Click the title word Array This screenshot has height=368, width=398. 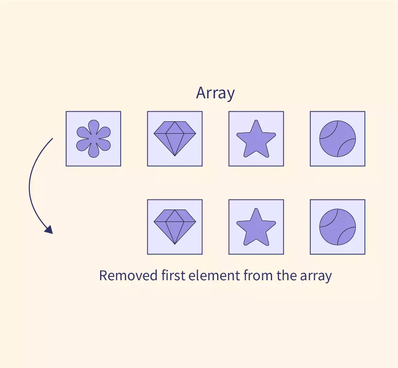click(215, 93)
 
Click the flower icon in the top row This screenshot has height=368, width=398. click(94, 139)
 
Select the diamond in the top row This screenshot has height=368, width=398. click(175, 138)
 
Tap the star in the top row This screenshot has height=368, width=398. click(256, 139)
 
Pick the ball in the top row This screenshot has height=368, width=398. click(337, 138)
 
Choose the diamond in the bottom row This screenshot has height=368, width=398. click(175, 226)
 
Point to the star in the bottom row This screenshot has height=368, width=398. click(256, 227)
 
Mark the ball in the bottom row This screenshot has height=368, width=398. click(337, 226)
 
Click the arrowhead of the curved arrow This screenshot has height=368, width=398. click(49, 229)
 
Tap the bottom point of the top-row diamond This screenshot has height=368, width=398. click(175, 155)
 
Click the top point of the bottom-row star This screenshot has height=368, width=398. click(256, 209)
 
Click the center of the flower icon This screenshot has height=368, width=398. click(94, 139)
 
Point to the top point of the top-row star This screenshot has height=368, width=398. click(256, 121)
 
